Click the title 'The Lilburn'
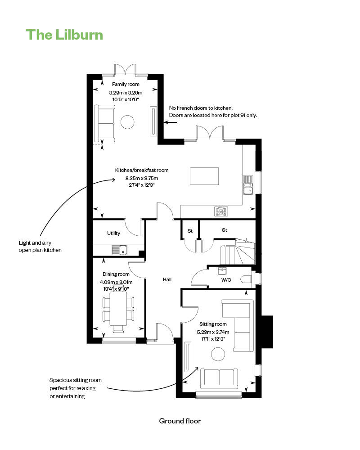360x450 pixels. [64, 35]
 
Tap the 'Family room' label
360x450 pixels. [126, 84]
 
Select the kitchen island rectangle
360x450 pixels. [204, 176]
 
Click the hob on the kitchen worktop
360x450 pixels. [221, 211]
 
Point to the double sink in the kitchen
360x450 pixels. [248, 185]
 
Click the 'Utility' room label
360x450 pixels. [113, 233]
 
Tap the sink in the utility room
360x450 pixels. [119, 250]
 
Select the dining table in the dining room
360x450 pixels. [118, 309]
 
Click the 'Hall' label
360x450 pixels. [167, 279]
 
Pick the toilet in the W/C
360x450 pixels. [247, 279]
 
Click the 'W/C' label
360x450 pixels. [226, 280]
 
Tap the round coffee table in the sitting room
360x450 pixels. [218, 354]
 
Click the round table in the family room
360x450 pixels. [127, 122]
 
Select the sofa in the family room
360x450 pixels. [105, 123]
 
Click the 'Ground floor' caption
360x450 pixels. [180, 421]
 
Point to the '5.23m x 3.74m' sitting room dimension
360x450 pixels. [213, 332]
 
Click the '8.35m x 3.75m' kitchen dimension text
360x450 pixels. [142, 178]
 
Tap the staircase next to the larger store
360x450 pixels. [237, 252]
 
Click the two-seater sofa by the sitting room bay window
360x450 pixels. [219, 378]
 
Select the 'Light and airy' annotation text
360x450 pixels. [35, 243]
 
